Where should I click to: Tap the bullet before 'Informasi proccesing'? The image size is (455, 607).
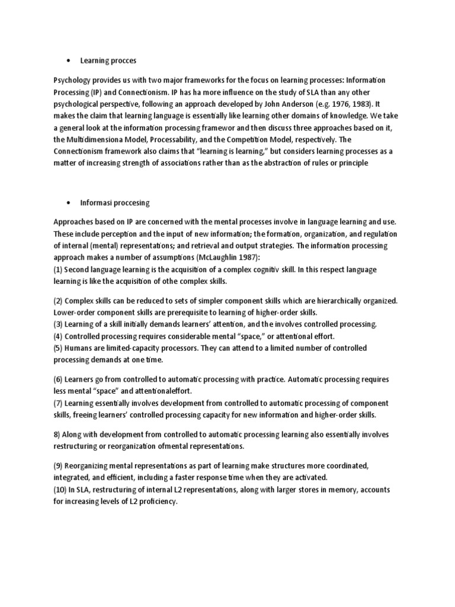pyautogui.click(x=71, y=203)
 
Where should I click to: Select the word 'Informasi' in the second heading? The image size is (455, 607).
pyautogui.click(x=97, y=203)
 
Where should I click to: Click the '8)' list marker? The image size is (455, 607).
pyautogui.click(x=57, y=435)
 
